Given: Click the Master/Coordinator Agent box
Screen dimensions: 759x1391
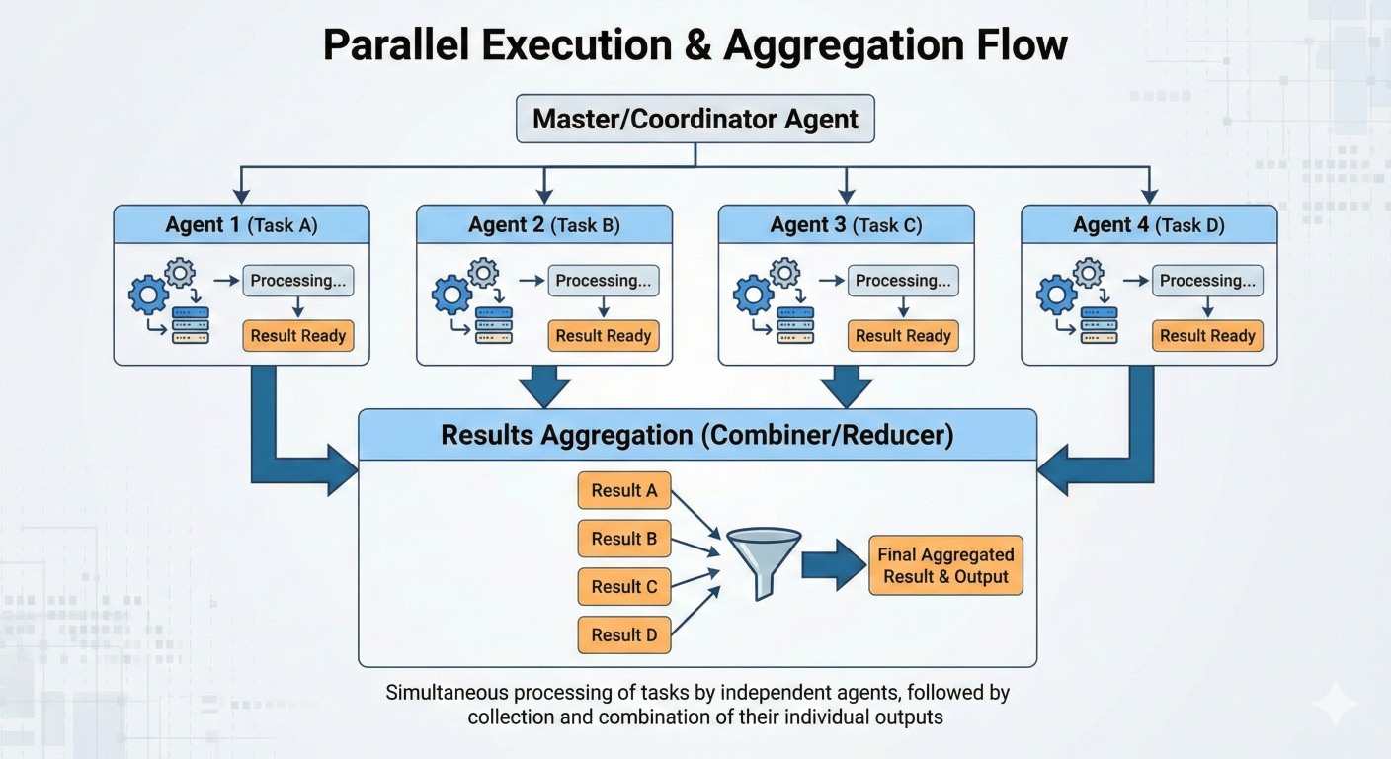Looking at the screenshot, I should [x=695, y=120].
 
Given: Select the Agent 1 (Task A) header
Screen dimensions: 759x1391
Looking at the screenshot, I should [x=241, y=225].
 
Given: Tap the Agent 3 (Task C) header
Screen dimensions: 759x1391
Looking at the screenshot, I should [x=846, y=225].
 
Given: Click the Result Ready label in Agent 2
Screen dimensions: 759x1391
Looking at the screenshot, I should [x=603, y=336].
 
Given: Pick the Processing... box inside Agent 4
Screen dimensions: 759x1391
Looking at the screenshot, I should [x=1207, y=281].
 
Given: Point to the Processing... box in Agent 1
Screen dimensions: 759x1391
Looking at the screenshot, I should [x=298, y=281].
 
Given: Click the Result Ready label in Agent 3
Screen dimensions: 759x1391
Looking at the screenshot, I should [x=903, y=336].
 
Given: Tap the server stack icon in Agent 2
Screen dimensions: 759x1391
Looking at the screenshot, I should [x=494, y=324].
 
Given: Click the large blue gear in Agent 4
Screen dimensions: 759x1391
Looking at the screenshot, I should [x=1056, y=295].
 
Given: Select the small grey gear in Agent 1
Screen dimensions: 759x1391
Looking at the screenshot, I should [x=180, y=272].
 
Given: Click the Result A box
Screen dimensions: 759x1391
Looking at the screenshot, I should [x=624, y=490].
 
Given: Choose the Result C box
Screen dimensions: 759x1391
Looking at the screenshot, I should [x=624, y=587].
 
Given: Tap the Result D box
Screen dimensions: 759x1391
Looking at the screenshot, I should [x=624, y=635].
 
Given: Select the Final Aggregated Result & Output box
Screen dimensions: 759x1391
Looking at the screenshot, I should [x=945, y=565].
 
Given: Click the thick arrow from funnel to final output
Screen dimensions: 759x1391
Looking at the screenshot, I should [x=833, y=564].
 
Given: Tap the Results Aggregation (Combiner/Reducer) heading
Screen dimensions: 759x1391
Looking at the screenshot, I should [x=696, y=436].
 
